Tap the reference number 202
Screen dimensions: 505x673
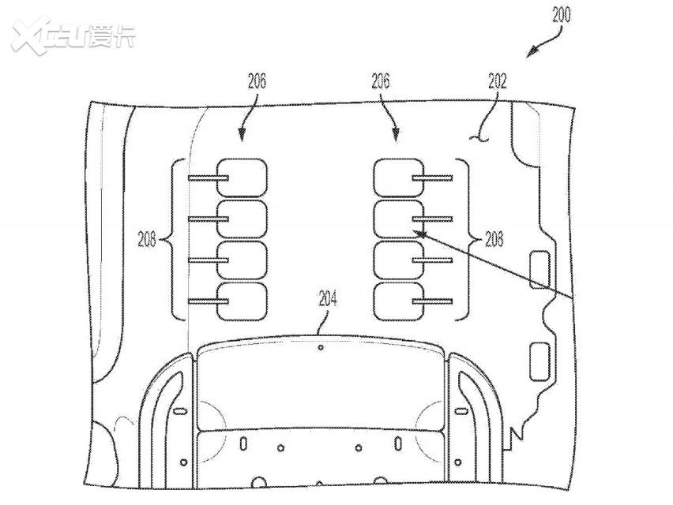497,80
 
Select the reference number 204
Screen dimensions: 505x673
329,298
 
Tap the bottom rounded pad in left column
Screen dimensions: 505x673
243,301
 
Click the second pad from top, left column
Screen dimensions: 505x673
243,219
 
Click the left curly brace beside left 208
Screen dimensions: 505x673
177,238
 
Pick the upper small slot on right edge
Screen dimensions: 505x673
540,268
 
